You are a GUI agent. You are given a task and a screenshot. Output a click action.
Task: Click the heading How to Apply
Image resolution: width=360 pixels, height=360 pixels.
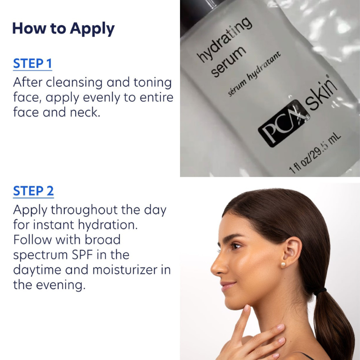[63, 28]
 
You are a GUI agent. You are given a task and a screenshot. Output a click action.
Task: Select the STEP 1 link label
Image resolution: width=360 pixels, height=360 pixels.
[32, 63]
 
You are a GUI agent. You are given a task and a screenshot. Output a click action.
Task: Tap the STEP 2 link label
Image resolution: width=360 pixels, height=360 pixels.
[33, 191]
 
